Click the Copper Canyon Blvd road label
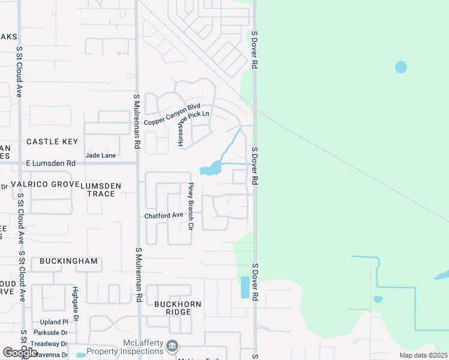click(x=172, y=115)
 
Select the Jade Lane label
click(x=100, y=155)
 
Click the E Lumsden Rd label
click(x=51, y=163)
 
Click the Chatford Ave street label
click(x=163, y=215)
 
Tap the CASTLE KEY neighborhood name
click(x=52, y=142)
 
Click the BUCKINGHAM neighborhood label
click(x=68, y=262)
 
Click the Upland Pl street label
click(x=55, y=322)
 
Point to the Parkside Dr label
click(x=50, y=332)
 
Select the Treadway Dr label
click(x=50, y=344)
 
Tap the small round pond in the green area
click(x=401, y=67)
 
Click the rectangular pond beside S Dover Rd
click(x=245, y=287)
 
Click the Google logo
click(x=20, y=353)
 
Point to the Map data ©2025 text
click(x=423, y=355)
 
